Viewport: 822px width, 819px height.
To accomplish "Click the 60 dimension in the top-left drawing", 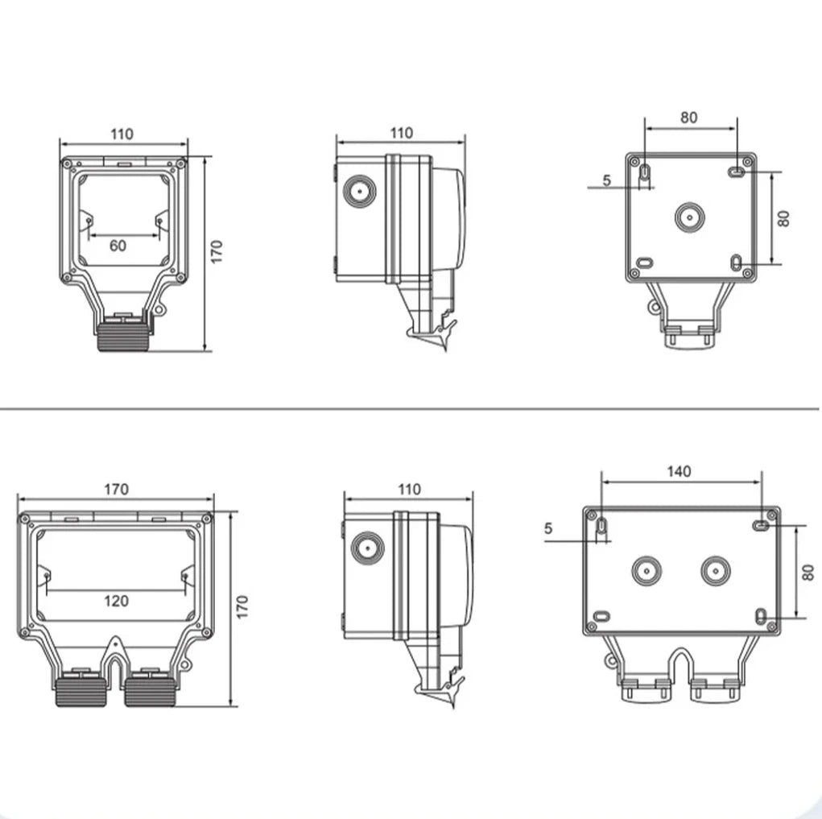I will click(118, 245).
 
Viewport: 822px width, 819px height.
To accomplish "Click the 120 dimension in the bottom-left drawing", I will click(116, 601).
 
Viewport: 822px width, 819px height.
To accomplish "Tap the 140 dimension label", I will click(679, 472).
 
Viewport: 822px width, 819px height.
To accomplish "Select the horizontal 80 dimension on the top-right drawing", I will click(688, 118).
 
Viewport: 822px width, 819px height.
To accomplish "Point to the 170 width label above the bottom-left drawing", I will click(116, 489).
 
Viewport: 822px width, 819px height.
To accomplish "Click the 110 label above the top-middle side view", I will click(400, 133).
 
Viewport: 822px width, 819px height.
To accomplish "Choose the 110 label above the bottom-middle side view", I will click(409, 489).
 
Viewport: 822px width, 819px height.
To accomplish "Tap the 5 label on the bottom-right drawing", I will click(549, 529).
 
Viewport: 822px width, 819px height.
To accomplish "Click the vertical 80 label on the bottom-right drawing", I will click(808, 573).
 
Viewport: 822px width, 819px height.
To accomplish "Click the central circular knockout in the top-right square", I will click(689, 217).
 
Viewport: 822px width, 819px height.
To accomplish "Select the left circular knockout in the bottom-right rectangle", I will click(646, 571).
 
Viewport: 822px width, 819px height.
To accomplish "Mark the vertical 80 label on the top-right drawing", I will click(783, 217).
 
